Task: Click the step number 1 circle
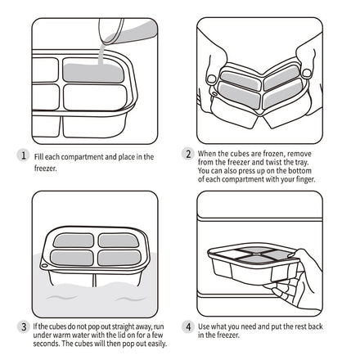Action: point(24,155)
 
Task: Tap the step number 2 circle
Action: point(188,154)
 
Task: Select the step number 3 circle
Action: point(24,326)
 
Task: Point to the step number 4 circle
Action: point(188,326)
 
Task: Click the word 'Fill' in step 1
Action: point(38,157)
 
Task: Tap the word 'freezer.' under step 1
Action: point(46,169)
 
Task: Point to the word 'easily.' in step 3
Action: point(157,344)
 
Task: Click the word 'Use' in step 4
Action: point(204,326)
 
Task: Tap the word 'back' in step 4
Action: point(315,326)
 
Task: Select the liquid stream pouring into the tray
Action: point(101,54)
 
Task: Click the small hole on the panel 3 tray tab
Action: point(43,265)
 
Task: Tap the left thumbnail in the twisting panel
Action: point(211,79)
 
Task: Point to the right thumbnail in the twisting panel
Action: point(307,73)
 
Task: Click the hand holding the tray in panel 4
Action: point(296,278)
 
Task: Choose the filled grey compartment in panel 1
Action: point(93,72)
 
